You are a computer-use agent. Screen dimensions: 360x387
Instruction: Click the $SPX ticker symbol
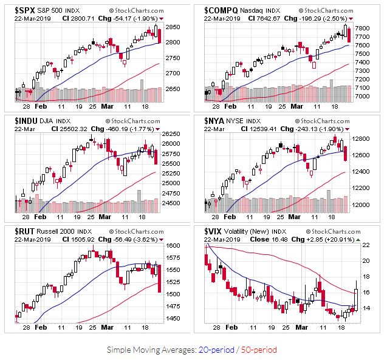[25, 10]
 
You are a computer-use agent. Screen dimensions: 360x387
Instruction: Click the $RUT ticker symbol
[25, 231]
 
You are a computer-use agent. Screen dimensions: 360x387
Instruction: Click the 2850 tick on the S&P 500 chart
[173, 27]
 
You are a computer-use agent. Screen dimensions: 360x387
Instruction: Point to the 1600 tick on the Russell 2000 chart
[173, 246]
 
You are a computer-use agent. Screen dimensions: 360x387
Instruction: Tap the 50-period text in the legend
[259, 350]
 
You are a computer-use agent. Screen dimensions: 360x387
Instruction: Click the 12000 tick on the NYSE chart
[364, 205]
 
